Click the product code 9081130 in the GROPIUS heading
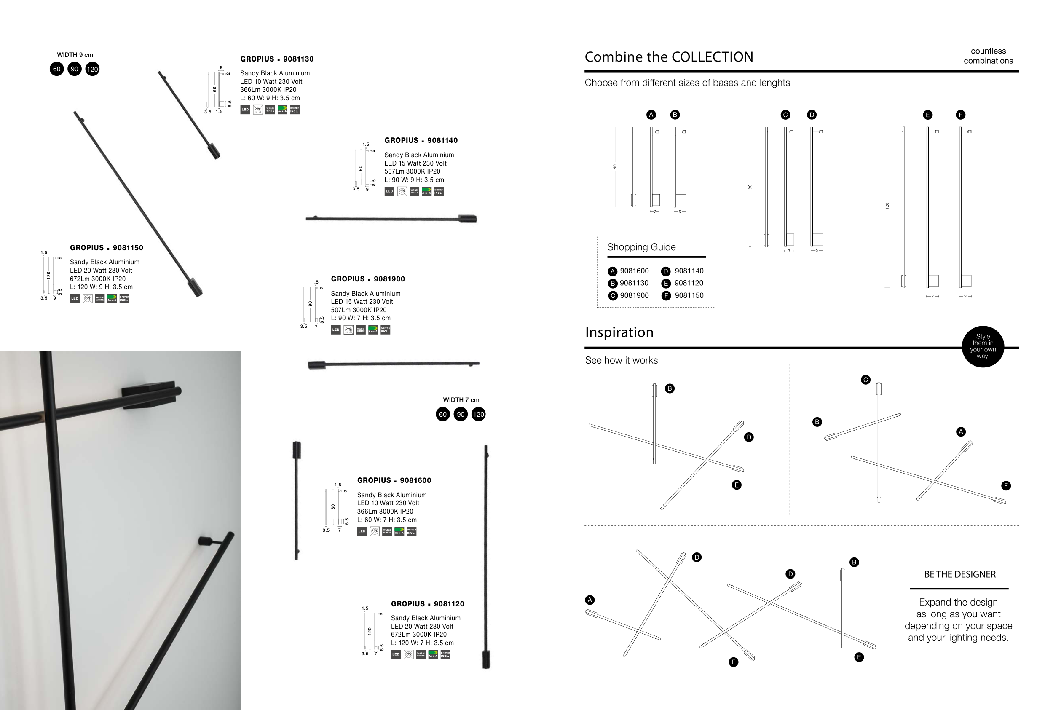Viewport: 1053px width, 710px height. click(298, 59)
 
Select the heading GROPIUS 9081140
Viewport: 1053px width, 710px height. click(421, 140)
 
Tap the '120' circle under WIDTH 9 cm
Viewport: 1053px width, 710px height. click(92, 69)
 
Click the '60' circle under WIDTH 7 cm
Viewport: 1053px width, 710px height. click(442, 414)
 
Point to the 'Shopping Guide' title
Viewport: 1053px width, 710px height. click(641, 247)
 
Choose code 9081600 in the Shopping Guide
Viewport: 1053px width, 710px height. click(634, 271)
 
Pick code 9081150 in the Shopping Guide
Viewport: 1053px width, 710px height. click(689, 296)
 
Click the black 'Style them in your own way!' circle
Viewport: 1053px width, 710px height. click(982, 346)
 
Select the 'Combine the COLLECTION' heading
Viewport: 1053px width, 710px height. click(669, 57)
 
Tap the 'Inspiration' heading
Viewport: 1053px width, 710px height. click(619, 332)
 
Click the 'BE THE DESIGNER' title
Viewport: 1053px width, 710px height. click(959, 574)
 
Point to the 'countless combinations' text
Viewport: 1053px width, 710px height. click(988, 56)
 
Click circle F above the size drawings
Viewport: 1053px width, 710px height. click(960, 115)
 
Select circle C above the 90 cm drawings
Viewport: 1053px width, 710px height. click(785, 115)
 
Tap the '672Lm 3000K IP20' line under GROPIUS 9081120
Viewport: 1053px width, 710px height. click(418, 635)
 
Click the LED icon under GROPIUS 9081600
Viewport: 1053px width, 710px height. click(362, 531)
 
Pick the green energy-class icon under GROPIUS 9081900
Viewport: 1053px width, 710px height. click(372, 330)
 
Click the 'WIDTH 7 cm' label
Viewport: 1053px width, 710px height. click(461, 400)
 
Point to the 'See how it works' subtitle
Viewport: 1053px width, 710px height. click(621, 360)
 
